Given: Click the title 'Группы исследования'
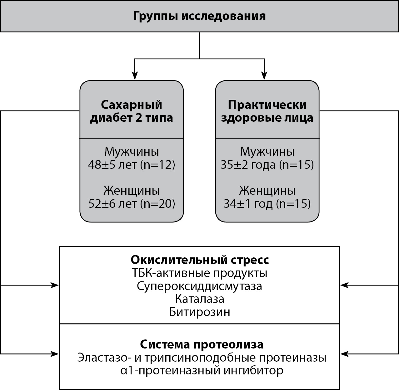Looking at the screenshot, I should click(199, 16).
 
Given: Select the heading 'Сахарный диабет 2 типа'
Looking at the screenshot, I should click(132, 111).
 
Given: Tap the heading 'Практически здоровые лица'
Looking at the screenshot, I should click(267, 111).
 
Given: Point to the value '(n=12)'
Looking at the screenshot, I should click(157, 165).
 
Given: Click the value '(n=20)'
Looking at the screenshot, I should click(157, 204).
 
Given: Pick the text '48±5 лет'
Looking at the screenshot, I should click(112, 165).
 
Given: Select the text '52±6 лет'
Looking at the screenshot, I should click(112, 204).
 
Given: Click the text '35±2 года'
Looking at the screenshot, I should click(248, 165).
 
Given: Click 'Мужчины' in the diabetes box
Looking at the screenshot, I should click(132, 152).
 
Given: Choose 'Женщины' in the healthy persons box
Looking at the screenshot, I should click(267, 190).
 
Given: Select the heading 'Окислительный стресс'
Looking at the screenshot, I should click(199, 260).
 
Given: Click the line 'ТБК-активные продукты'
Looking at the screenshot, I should click(199, 273).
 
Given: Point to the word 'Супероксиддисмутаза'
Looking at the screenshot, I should click(199, 286).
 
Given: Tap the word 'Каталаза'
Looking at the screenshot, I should click(199, 299).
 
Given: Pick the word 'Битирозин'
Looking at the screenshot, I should click(199, 312).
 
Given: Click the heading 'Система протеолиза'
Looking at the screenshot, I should click(202, 344).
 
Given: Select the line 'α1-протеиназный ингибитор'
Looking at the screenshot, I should click(202, 371).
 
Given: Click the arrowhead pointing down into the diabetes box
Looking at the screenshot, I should click(135, 76).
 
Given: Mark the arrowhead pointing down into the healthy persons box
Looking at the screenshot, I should click(264, 76).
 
